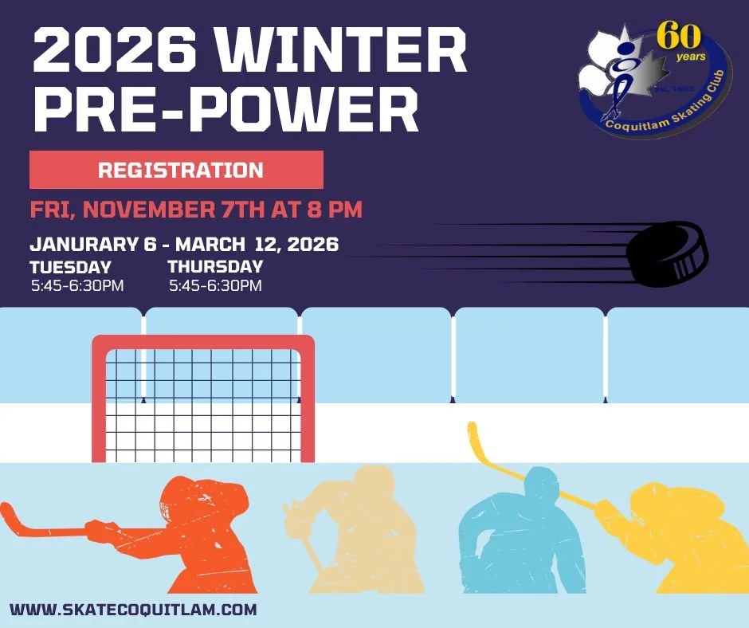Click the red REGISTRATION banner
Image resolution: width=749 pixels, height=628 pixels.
[176, 170]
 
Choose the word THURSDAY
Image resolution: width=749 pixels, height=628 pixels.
[215, 267]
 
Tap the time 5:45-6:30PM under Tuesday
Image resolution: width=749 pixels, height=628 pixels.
[77, 285]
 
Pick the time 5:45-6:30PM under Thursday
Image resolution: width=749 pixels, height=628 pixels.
[215, 285]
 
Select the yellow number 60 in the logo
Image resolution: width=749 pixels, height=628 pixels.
[678, 36]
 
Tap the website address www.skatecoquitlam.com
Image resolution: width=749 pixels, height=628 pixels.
[134, 610]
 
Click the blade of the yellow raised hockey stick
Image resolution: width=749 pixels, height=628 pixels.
[473, 439]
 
